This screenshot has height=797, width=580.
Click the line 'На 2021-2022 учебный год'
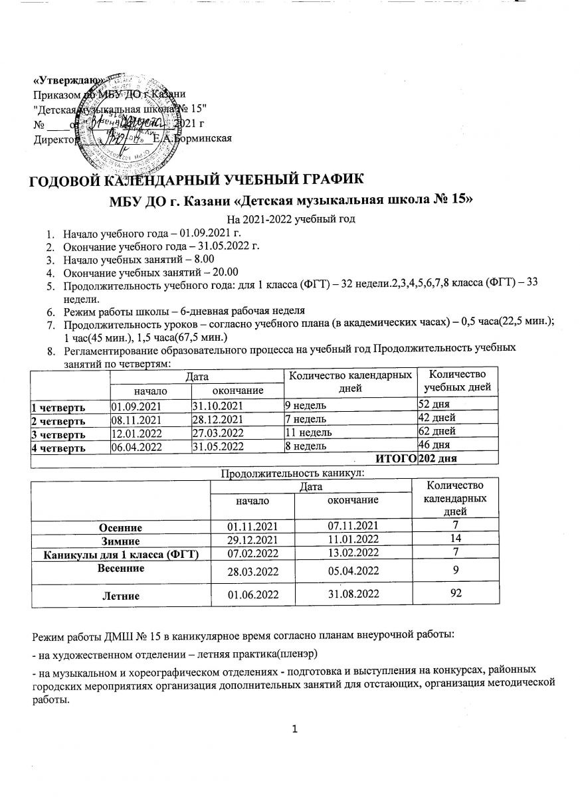tap(290, 219)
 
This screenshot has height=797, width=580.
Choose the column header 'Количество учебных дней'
tap(458, 381)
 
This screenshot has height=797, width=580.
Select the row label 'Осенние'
tap(121, 527)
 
